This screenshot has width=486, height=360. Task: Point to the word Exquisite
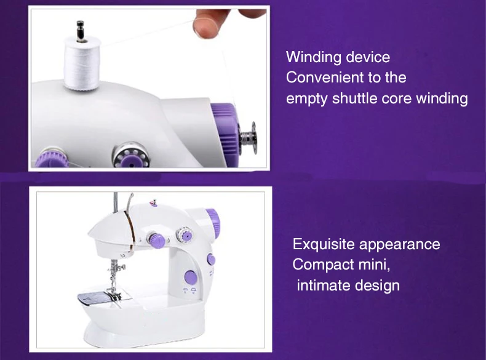coord(323,244)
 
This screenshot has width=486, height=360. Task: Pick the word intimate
coord(323,286)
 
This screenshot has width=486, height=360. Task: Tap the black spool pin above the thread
coord(79,28)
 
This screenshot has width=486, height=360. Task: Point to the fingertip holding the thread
coord(203,25)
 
